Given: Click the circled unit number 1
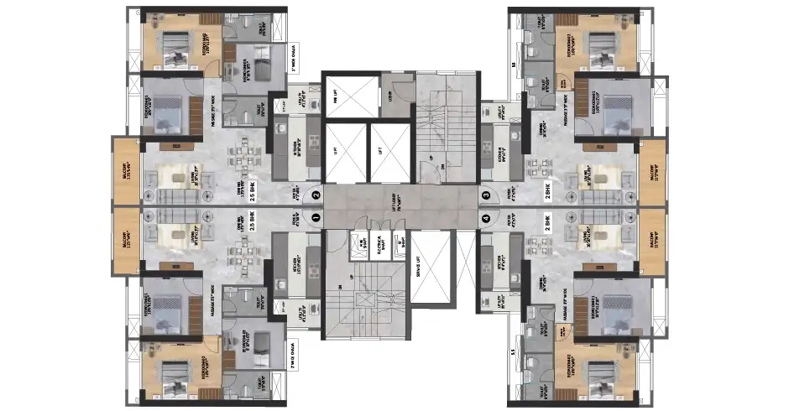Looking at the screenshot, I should (x=316, y=216).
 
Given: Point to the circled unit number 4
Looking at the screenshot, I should (x=486, y=217).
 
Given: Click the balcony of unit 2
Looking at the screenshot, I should (x=127, y=171).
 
